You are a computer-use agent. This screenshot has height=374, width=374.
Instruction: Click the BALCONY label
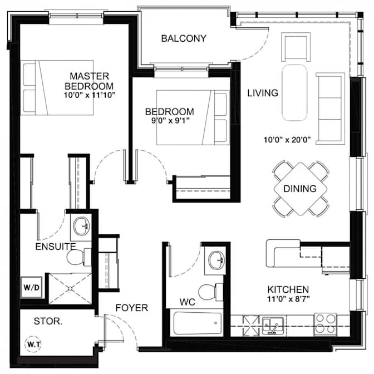pos(184,38)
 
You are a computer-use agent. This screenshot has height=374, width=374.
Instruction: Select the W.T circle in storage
pos(34,345)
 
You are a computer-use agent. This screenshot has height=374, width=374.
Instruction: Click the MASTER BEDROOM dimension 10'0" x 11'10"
pos(89,96)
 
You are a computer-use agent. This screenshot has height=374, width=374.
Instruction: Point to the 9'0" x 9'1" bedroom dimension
pos(175,121)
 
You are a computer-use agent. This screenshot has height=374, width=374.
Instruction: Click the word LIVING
pos(263,93)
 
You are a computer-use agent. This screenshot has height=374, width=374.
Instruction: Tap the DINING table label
pos(299,189)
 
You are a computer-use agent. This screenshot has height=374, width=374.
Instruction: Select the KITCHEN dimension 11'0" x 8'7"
pos(288,299)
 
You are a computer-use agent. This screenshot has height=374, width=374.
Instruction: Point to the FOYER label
pos(132,308)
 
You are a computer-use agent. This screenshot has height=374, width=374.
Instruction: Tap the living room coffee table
pos(295,93)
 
